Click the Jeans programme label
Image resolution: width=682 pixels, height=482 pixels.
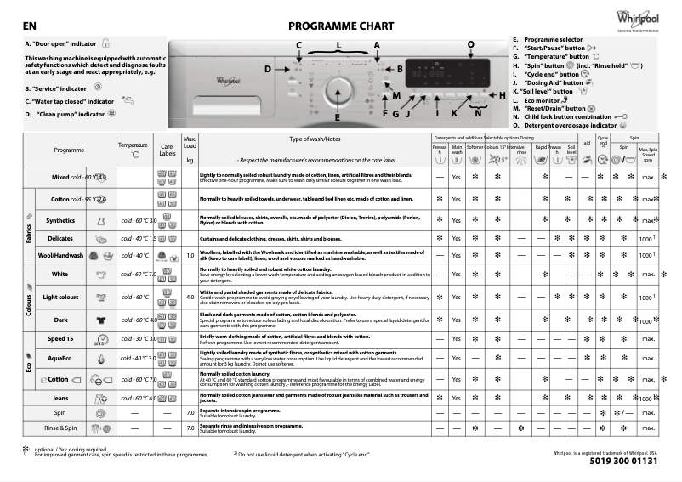point(60,398)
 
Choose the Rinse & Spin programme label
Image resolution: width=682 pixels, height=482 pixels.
point(60,428)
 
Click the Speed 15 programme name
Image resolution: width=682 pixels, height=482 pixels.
point(60,339)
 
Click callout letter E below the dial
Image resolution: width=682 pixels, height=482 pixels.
point(338,118)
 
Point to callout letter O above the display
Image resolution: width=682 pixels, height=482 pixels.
point(471,43)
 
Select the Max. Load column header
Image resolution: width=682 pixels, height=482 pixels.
point(190,148)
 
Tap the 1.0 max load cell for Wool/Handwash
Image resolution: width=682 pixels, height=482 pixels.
point(190,255)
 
